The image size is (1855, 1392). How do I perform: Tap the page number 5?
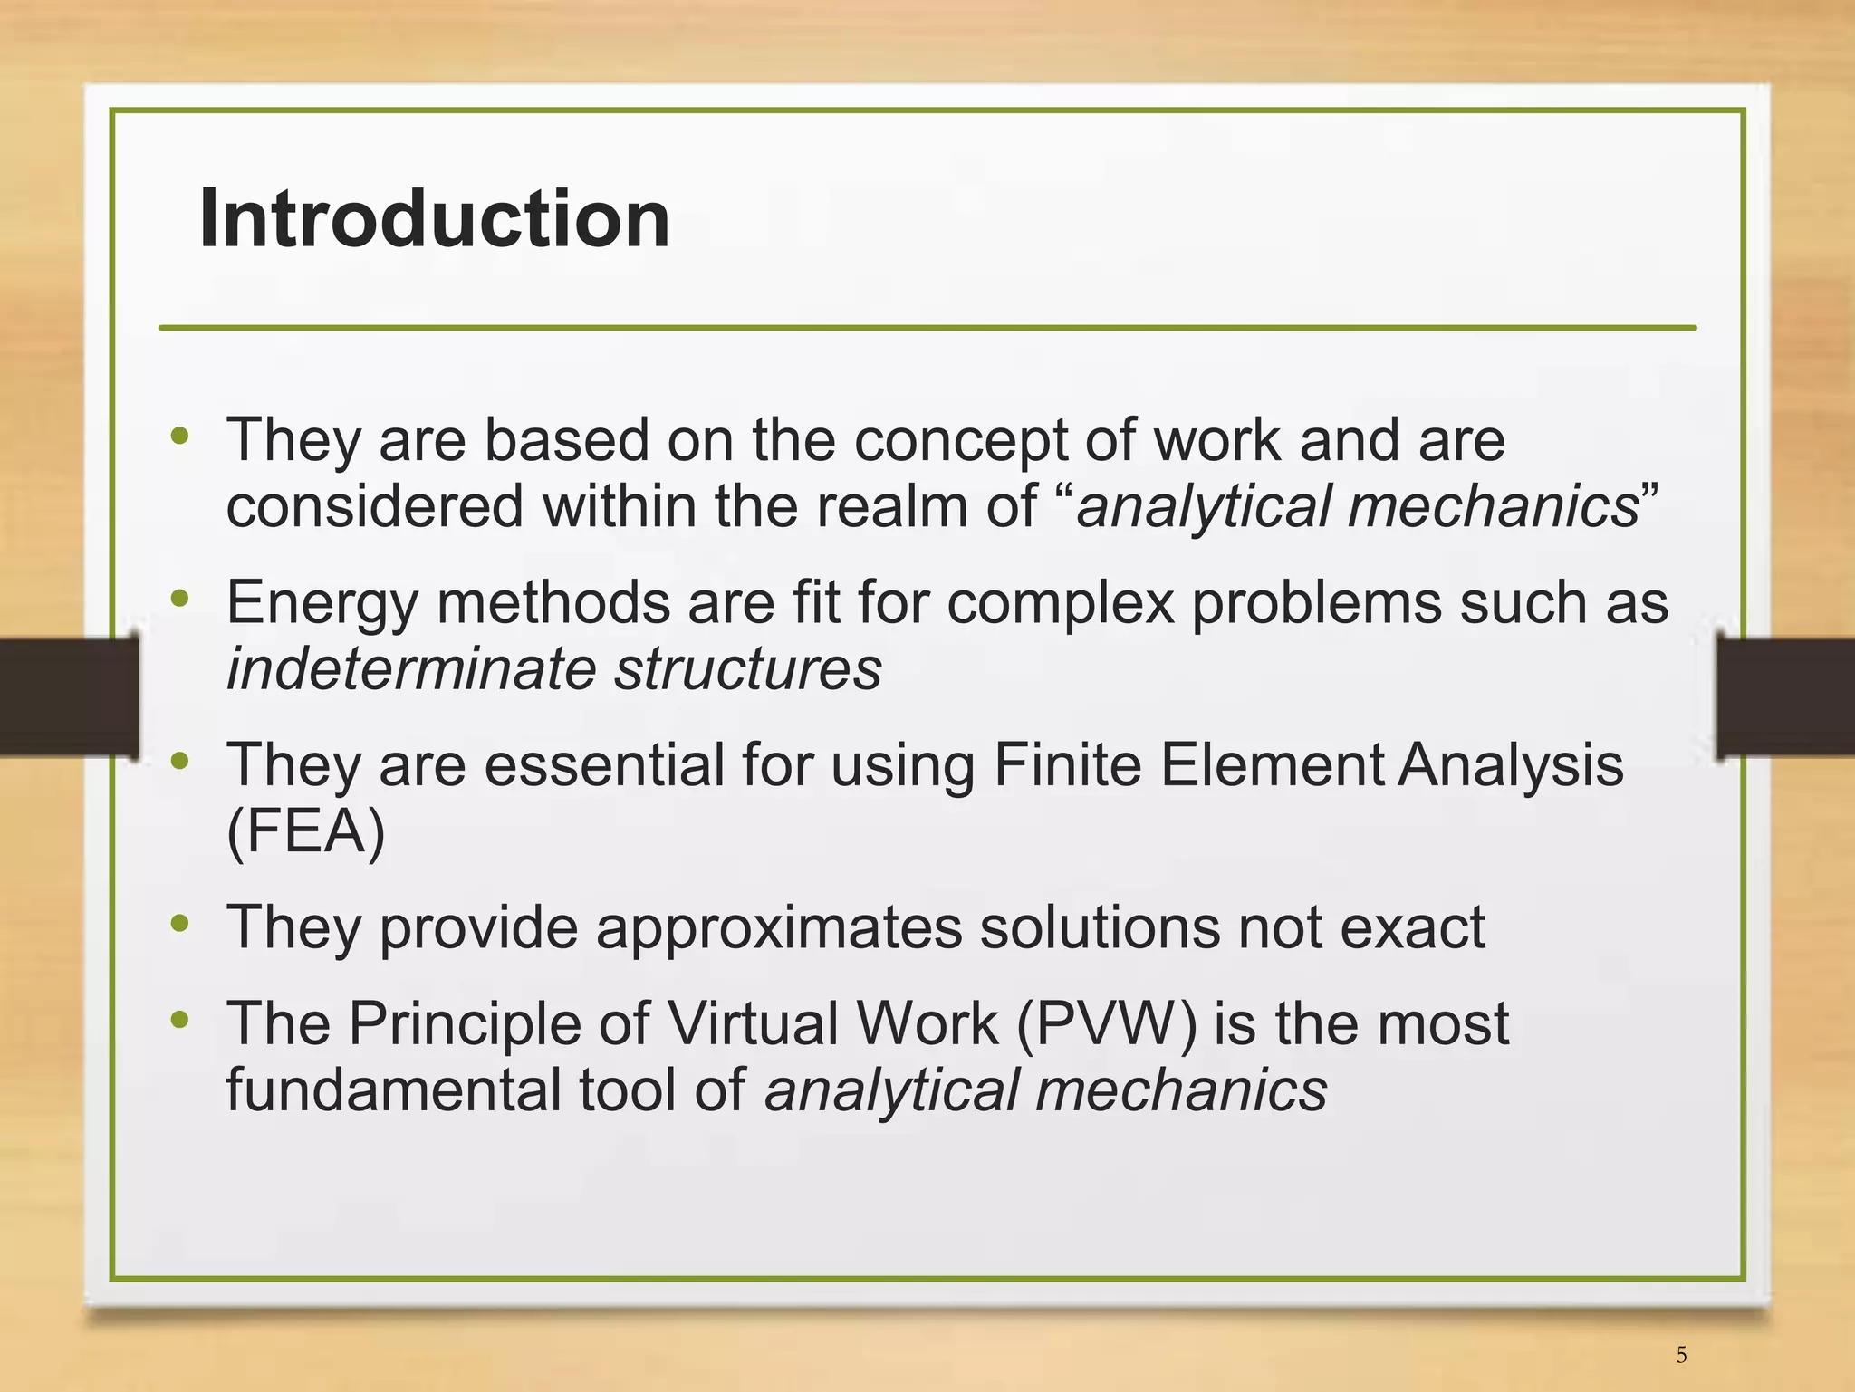[x=1681, y=1355]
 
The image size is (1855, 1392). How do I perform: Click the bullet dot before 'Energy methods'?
[x=180, y=598]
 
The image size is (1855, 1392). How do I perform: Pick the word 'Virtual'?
[x=754, y=1023]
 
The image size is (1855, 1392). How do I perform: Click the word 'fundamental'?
[x=393, y=1090]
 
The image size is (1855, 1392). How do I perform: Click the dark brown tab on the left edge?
[x=68, y=696]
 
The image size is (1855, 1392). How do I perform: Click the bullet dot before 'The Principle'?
[x=180, y=1020]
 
